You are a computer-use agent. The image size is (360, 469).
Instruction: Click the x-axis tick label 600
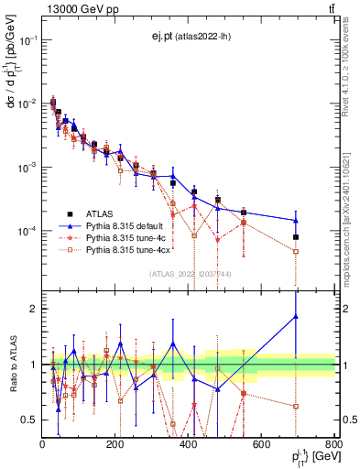click(262, 443)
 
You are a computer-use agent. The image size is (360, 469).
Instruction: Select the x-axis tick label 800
click(334, 443)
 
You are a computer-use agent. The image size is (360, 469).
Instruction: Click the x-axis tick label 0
click(42, 443)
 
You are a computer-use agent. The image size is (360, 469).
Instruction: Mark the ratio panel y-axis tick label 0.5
click(28, 420)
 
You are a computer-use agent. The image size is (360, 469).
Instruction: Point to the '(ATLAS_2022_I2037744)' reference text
click(190, 274)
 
